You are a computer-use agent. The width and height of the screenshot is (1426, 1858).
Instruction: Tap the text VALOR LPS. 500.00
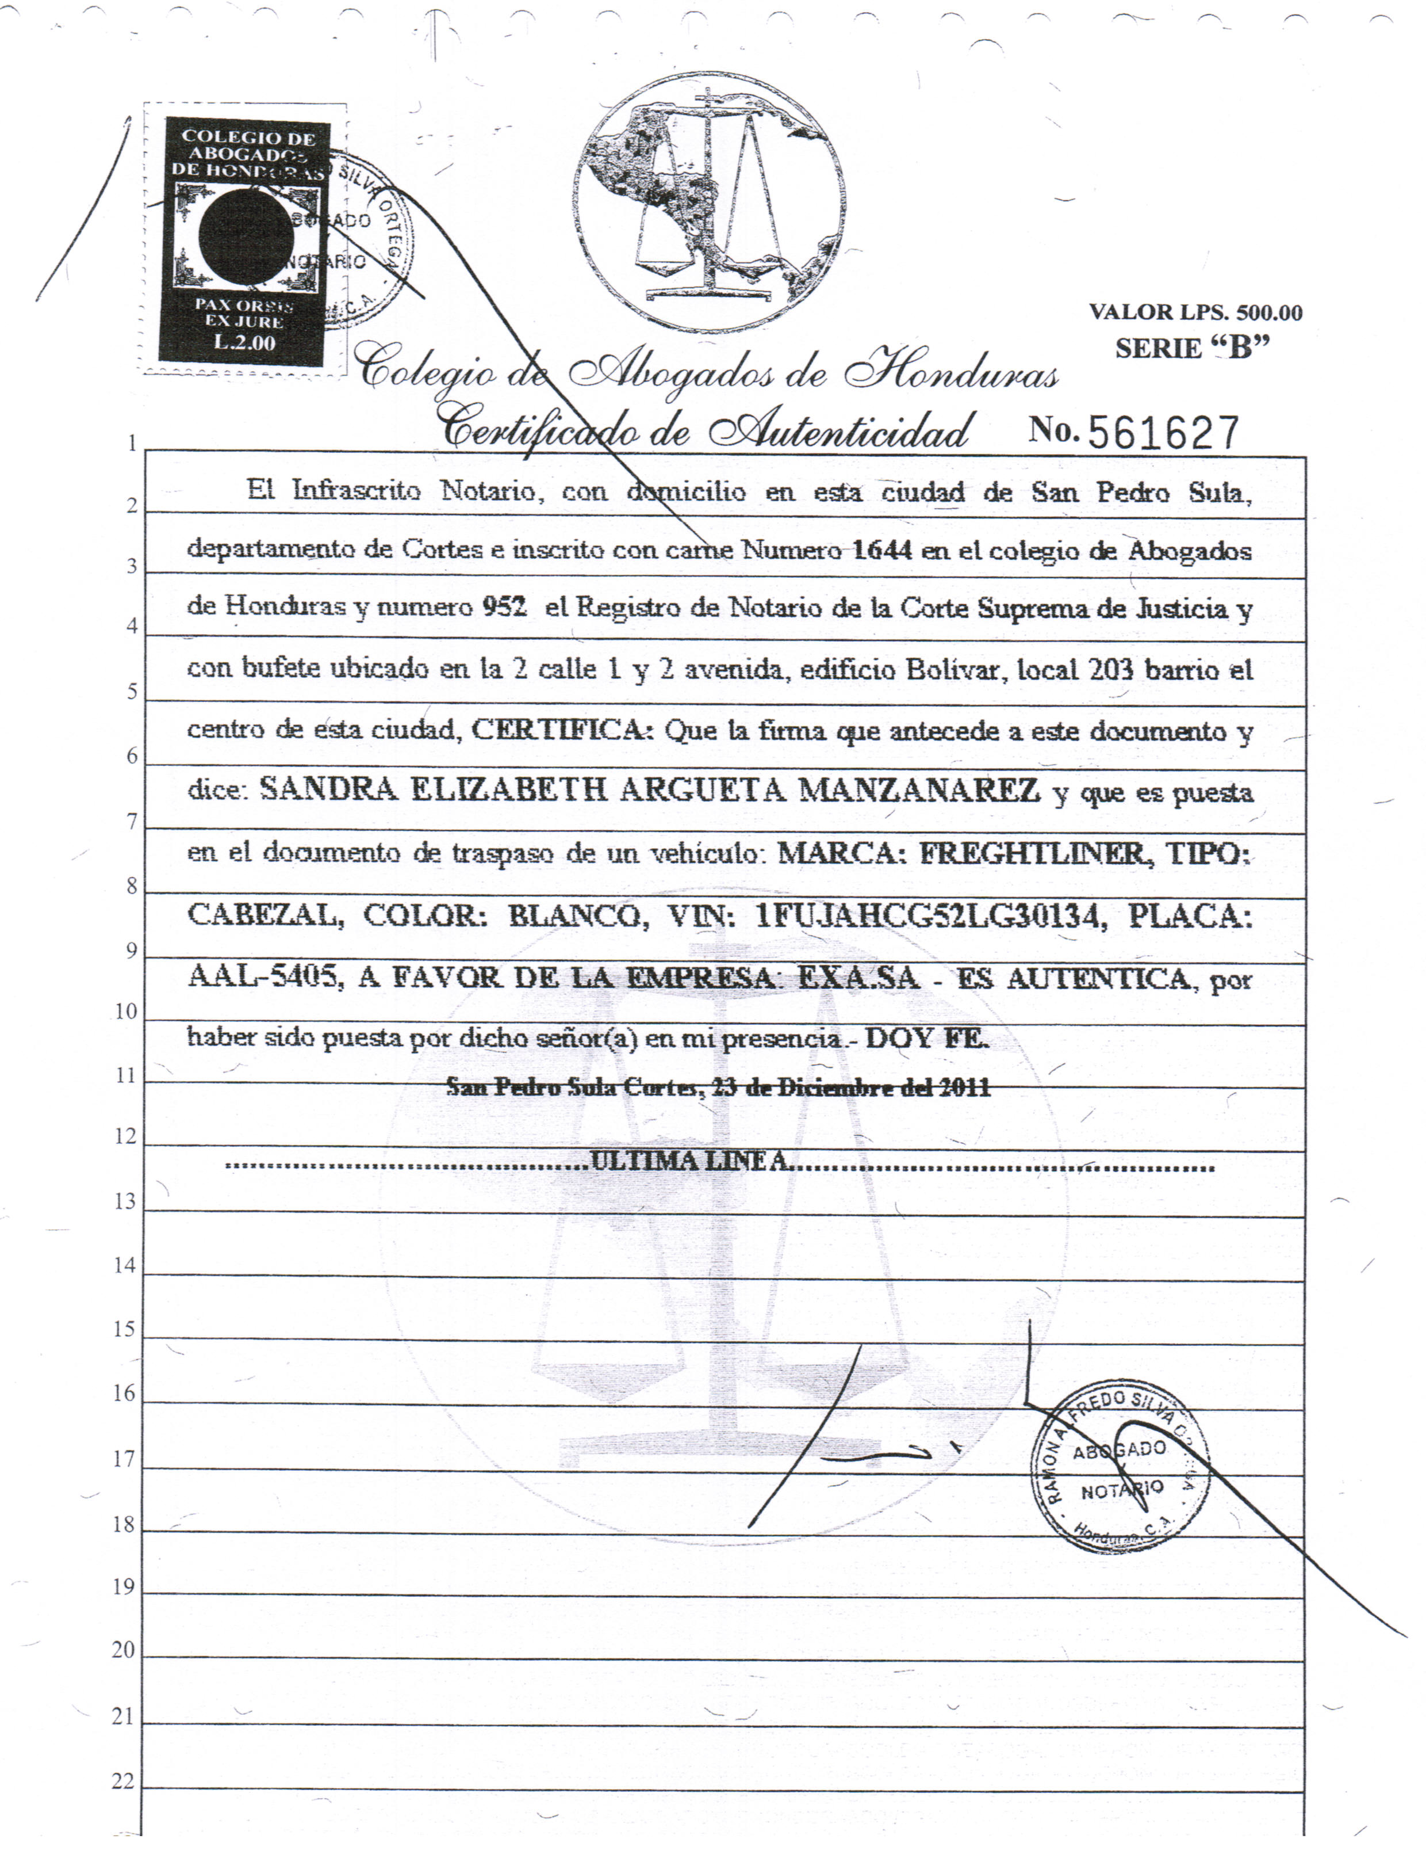(x=1195, y=312)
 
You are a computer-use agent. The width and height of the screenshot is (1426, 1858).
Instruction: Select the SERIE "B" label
(x=1192, y=348)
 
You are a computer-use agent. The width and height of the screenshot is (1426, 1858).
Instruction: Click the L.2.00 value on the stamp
(x=244, y=342)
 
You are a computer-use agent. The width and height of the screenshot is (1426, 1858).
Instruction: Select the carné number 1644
(x=882, y=550)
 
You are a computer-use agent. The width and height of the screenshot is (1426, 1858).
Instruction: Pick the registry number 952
(x=504, y=606)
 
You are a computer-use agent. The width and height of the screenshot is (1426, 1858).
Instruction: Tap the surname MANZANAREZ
(x=919, y=791)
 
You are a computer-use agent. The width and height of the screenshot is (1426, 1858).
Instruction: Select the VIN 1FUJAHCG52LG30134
(x=930, y=916)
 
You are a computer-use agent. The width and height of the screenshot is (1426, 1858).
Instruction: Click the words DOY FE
(x=927, y=1037)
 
